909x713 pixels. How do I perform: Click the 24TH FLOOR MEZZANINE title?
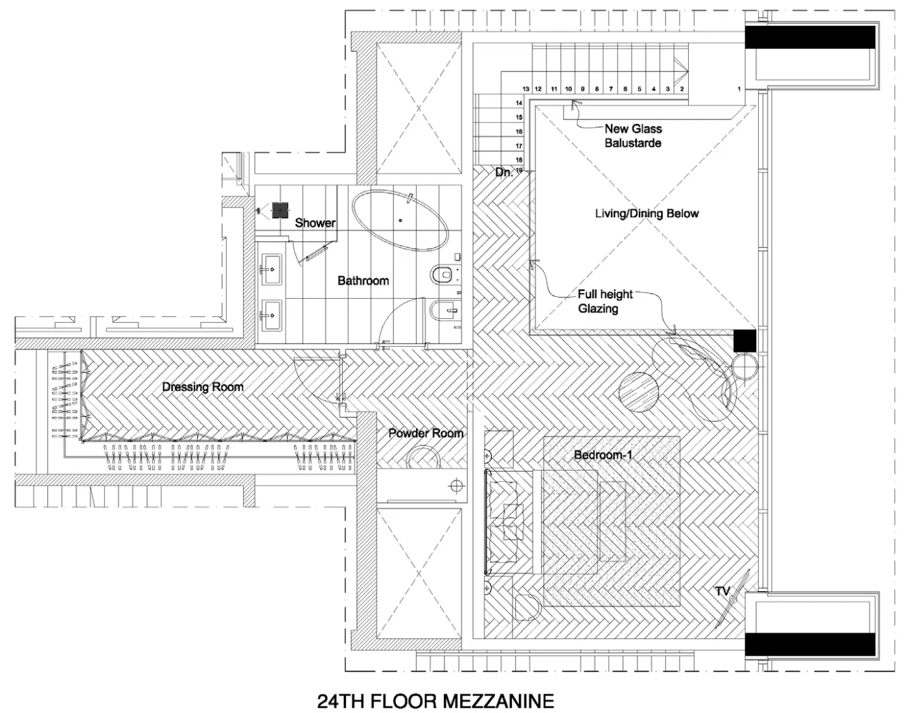435,701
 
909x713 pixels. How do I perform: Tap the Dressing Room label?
203,387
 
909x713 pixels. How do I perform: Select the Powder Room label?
426,433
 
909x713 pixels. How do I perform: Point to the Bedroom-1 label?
603,455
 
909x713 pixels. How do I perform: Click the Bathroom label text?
363,281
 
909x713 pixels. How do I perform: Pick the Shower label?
315,223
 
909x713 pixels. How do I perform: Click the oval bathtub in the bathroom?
400,220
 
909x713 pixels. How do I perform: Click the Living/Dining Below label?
647,213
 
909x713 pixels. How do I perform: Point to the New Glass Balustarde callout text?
633,135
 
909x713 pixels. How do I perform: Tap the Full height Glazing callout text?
604,301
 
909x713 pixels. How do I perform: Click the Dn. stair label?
504,172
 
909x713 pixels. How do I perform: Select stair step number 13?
526,89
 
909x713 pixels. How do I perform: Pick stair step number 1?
739,89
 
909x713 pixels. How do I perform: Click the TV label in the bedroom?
722,591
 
